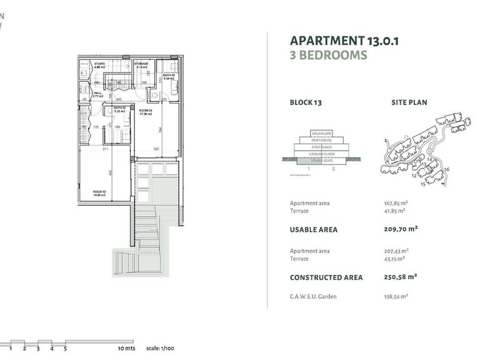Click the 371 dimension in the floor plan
(x=106, y=150)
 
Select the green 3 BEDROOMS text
(x=328, y=55)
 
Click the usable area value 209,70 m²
(x=401, y=229)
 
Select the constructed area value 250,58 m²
(x=401, y=277)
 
